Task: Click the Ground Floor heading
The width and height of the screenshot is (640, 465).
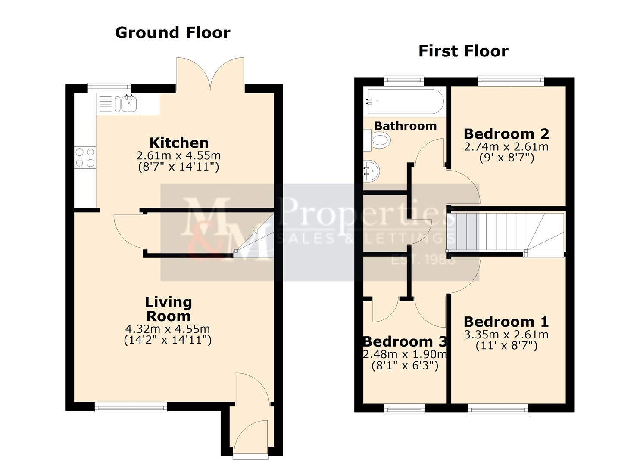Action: tap(173, 33)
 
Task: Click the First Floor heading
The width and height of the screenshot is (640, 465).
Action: tap(463, 51)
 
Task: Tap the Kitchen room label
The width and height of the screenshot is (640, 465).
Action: tap(179, 143)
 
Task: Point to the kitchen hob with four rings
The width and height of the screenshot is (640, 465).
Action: tap(85, 157)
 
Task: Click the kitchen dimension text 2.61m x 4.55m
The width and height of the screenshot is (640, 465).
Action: tap(178, 155)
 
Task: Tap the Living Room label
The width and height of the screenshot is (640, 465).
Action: tap(168, 309)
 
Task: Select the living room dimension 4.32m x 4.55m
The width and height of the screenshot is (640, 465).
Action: tap(168, 329)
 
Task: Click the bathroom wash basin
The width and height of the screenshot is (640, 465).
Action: tap(372, 170)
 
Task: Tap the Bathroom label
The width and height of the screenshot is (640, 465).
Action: tap(405, 126)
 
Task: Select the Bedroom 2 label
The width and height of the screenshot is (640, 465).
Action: tap(506, 134)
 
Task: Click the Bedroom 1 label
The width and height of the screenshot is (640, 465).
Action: tap(506, 322)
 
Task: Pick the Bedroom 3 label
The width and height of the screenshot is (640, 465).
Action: tap(405, 341)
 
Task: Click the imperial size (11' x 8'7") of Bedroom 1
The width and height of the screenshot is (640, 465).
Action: tap(506, 346)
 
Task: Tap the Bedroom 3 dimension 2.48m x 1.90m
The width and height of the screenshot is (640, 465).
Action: tap(405, 354)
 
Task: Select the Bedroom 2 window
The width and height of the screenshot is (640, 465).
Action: tap(511, 81)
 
